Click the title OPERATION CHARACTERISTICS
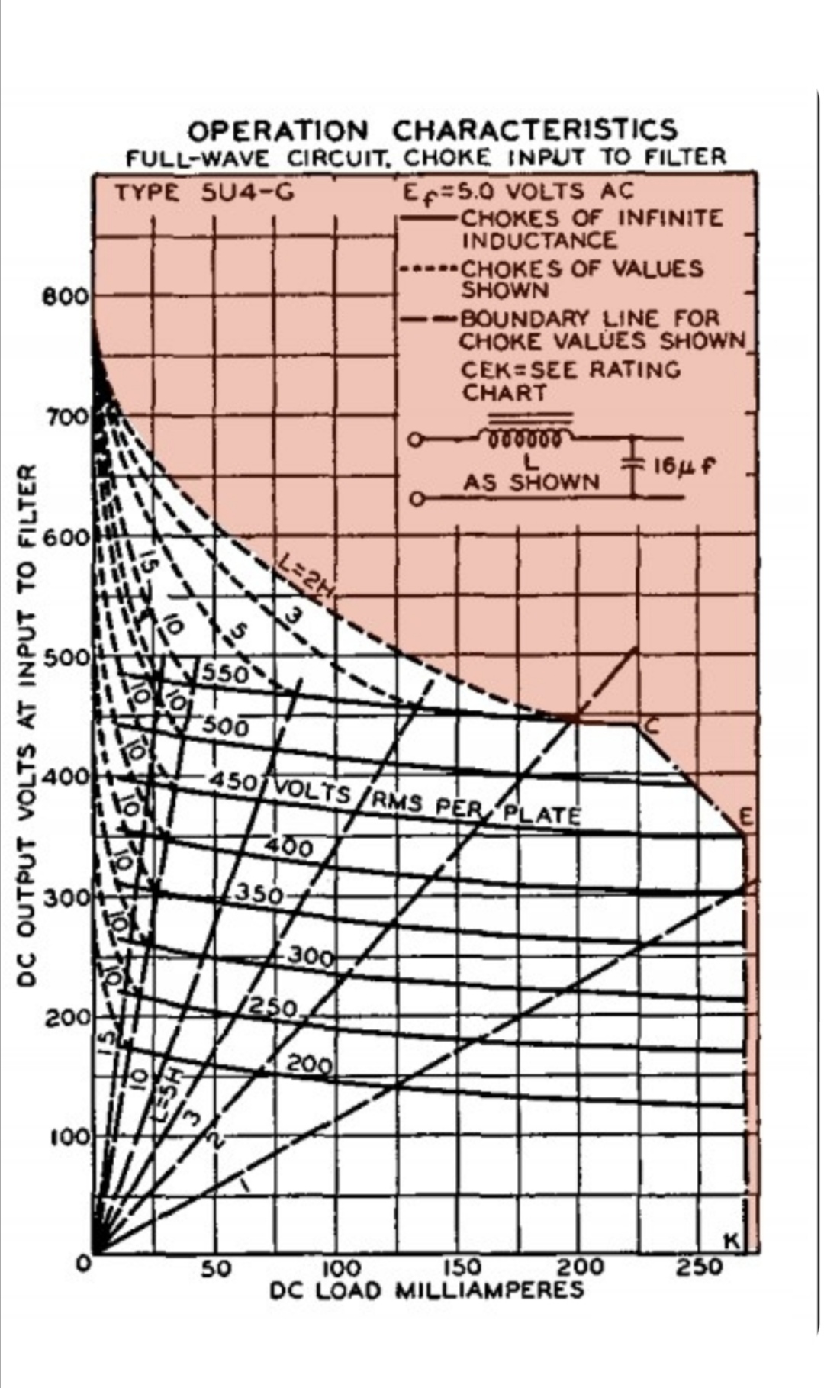[432, 130]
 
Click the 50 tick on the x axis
[216, 1267]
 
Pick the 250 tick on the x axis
[701, 1267]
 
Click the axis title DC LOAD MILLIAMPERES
[427, 1290]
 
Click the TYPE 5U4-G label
[204, 192]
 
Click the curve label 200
[311, 1064]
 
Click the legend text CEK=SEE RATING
[571, 369]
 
